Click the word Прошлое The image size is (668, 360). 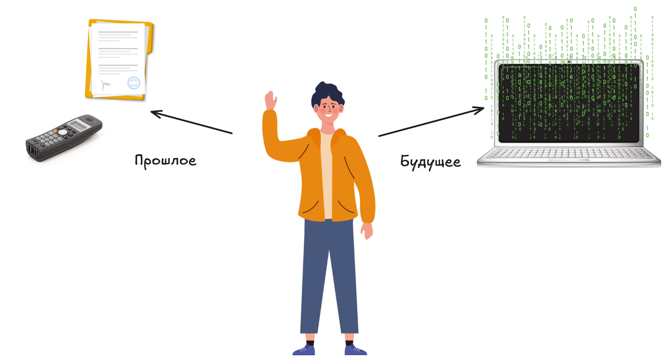pyautogui.click(x=166, y=161)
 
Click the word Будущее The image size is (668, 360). pyautogui.click(x=430, y=162)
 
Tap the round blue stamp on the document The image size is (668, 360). pyautogui.click(x=134, y=83)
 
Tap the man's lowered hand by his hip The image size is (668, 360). pyautogui.click(x=367, y=230)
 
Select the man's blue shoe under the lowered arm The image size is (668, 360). pyautogui.click(x=355, y=349)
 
